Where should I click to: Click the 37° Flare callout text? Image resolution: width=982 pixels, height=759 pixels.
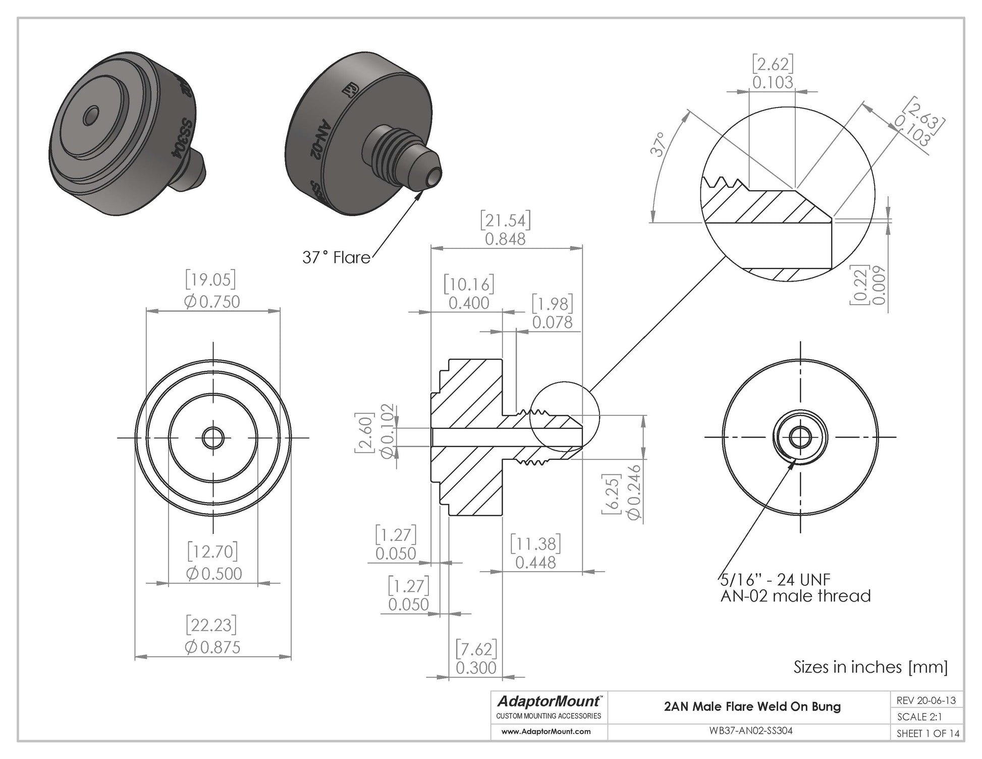[336, 257]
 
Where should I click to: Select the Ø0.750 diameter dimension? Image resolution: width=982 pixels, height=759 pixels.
[212, 302]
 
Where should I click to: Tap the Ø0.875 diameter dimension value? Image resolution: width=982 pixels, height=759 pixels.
[212, 647]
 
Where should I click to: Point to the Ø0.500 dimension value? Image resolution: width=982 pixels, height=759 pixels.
[213, 573]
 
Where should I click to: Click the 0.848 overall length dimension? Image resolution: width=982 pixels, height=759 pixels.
[505, 239]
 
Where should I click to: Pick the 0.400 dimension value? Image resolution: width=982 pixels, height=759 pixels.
[469, 303]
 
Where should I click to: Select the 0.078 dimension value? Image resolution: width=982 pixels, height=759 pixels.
[552, 322]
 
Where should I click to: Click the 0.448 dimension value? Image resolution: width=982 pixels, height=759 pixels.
[535, 562]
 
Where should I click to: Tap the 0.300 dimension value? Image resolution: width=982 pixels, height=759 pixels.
[476, 668]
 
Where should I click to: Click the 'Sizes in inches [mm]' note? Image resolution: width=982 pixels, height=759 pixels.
[870, 667]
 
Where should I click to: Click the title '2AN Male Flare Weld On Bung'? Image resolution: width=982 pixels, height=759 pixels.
[752, 707]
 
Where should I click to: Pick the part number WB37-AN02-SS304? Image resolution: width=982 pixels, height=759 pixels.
[751, 731]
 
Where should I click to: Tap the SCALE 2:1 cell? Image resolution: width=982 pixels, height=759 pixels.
[919, 717]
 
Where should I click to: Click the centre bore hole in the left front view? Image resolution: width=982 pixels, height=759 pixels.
[213, 438]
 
